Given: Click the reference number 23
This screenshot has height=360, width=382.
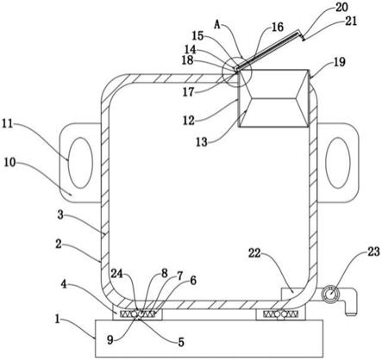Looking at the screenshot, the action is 373,251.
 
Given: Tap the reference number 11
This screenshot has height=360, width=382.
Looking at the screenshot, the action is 8,124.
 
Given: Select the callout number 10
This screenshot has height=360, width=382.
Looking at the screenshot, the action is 9,163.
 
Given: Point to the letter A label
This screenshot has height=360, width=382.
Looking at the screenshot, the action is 217,25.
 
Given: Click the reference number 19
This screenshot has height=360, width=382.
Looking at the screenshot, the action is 340,62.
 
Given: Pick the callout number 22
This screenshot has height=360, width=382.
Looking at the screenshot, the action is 254,253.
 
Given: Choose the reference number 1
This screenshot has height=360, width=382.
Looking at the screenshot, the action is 58,319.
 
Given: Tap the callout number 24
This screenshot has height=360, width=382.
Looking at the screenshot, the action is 117,274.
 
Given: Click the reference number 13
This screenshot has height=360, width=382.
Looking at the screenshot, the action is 202,142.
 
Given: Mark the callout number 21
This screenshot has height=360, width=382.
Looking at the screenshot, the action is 351,21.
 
